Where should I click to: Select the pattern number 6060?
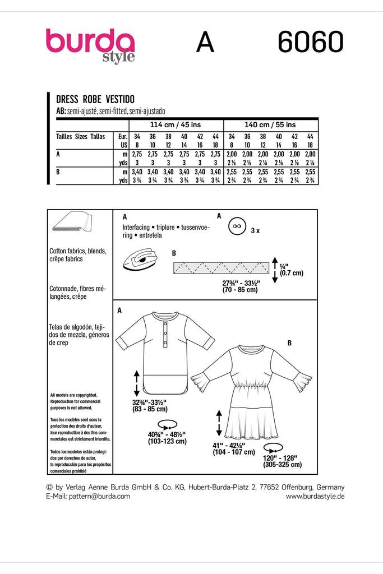(x=310, y=42)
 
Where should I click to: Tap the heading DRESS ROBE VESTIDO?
(x=95, y=99)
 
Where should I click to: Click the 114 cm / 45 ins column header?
(x=176, y=124)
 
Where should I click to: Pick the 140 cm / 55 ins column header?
(x=270, y=124)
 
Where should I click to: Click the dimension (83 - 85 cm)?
(x=149, y=410)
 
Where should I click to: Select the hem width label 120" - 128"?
(x=282, y=457)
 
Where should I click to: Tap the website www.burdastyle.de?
(x=315, y=496)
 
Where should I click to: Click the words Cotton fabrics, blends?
(x=78, y=251)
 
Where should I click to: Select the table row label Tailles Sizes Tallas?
(x=81, y=136)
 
